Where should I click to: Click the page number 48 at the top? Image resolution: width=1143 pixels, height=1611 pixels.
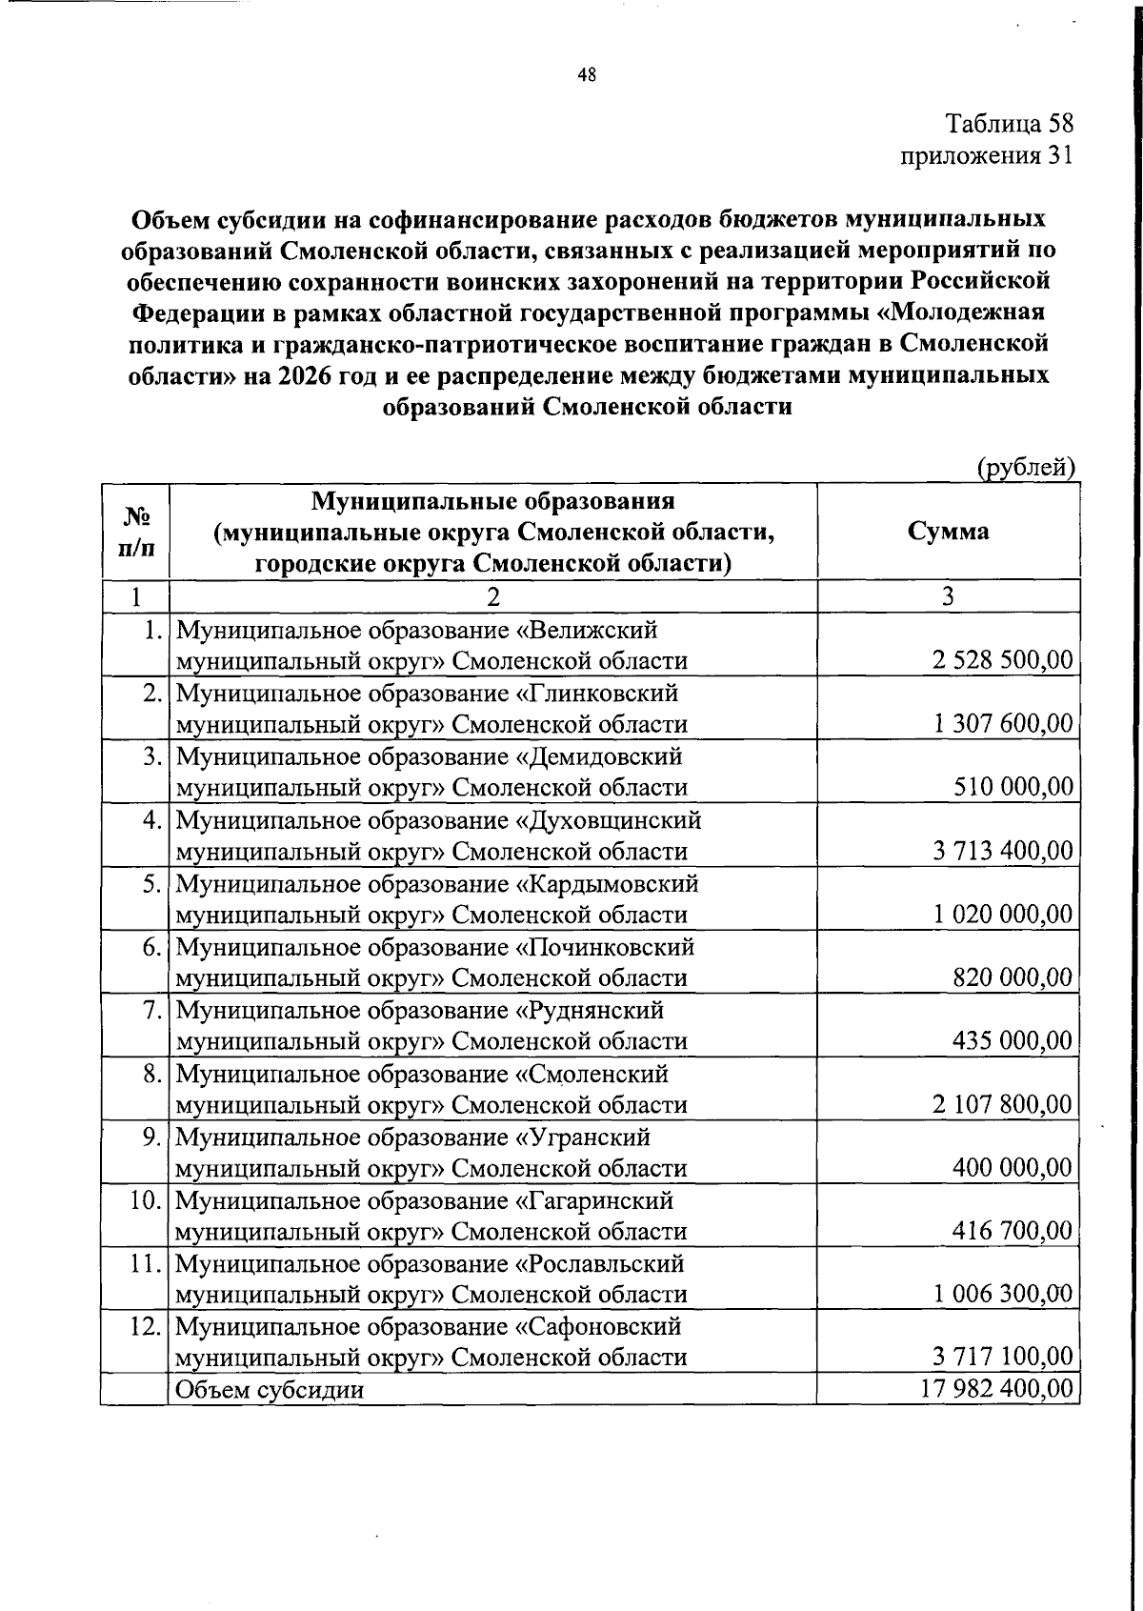[x=587, y=76]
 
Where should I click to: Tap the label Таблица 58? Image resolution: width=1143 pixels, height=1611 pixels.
[x=1009, y=124]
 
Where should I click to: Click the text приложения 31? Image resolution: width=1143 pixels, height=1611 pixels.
[x=987, y=155]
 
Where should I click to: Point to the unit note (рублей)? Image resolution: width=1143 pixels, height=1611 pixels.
[x=1026, y=467]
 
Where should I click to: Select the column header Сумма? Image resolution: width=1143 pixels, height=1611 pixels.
[x=948, y=531]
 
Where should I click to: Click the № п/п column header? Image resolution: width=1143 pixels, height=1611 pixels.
[x=135, y=532]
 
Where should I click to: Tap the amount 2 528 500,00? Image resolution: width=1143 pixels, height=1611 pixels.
[x=1003, y=660]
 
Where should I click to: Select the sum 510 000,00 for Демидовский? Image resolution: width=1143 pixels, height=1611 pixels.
[x=1013, y=787]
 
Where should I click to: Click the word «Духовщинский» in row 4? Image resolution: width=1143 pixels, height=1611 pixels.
[x=609, y=819]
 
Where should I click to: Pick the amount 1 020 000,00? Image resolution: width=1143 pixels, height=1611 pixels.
[x=1003, y=915]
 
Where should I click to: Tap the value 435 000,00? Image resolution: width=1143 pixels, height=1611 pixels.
[x=1013, y=1040]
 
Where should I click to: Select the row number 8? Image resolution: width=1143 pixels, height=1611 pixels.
[x=151, y=1074]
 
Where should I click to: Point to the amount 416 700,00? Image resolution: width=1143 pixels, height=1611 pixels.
[x=1013, y=1231]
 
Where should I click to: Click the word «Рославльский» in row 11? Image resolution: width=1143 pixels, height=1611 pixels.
[x=600, y=1263]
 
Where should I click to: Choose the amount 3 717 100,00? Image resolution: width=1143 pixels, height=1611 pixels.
[x=1003, y=1357]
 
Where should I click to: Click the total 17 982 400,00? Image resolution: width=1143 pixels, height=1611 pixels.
[x=996, y=1388]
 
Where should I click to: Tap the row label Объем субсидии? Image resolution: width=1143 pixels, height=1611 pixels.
[x=270, y=1389]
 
